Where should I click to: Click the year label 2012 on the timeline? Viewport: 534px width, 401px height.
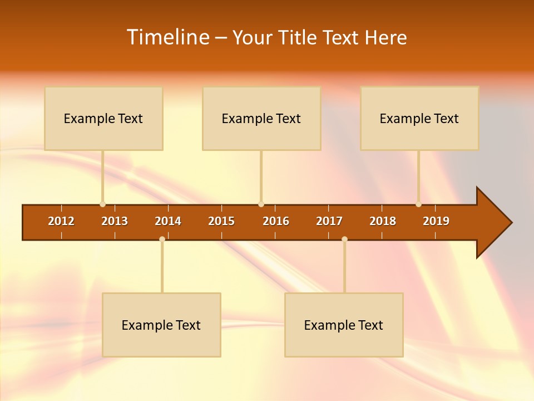(x=61, y=221)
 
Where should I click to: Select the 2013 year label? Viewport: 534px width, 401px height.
(x=115, y=221)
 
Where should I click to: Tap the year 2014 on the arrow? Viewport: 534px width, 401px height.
(x=168, y=221)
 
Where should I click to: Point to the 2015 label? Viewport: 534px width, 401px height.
(x=221, y=221)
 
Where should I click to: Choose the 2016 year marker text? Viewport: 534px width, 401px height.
(x=276, y=221)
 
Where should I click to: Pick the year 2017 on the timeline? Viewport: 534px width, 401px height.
(x=329, y=221)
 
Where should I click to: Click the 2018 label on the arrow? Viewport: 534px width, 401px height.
(x=383, y=221)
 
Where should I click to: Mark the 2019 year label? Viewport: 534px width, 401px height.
(x=436, y=221)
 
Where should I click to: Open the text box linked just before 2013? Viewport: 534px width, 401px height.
(x=103, y=119)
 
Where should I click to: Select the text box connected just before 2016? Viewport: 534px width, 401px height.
(x=261, y=119)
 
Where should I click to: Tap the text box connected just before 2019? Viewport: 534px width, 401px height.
(x=419, y=119)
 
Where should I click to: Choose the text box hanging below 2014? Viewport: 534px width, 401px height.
(x=161, y=325)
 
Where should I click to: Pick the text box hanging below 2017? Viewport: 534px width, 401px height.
(x=344, y=325)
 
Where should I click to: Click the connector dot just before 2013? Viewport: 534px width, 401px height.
(x=102, y=204)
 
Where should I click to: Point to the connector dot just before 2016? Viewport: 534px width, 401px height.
(x=261, y=204)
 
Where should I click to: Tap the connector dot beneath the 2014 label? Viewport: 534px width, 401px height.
(x=162, y=239)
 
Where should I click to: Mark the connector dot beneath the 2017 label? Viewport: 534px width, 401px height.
(x=344, y=239)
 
